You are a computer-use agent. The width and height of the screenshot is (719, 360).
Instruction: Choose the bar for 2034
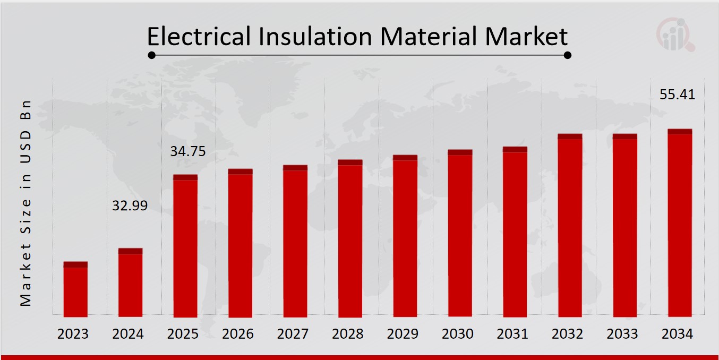(680, 223)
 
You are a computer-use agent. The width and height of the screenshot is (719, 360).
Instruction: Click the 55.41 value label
(677, 95)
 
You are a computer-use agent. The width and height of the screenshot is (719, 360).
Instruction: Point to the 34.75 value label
(187, 151)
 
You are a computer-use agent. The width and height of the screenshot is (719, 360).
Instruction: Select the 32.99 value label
(130, 205)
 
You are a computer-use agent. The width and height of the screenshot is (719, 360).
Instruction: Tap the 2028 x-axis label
(348, 334)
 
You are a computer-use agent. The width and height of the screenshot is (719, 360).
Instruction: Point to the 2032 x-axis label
(568, 334)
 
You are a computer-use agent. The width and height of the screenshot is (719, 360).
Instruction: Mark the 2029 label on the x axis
(403, 334)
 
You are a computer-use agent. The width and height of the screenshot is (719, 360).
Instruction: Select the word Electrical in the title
(198, 37)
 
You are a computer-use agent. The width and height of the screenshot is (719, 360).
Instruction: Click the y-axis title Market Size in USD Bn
(26, 203)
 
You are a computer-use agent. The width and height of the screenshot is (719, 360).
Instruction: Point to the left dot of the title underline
(151, 55)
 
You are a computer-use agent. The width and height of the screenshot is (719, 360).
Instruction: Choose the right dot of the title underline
(567, 55)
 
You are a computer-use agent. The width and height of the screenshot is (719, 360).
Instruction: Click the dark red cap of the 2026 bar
(240, 172)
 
